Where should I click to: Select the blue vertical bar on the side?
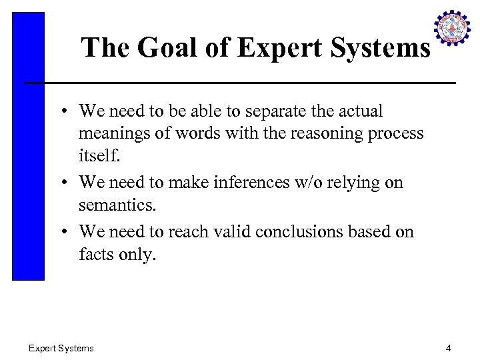point(28,147)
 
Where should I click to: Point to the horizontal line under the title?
point(240,83)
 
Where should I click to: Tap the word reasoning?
point(325,133)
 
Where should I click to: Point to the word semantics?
point(117,204)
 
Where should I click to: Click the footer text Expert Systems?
point(61,348)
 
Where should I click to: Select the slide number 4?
point(449,348)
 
